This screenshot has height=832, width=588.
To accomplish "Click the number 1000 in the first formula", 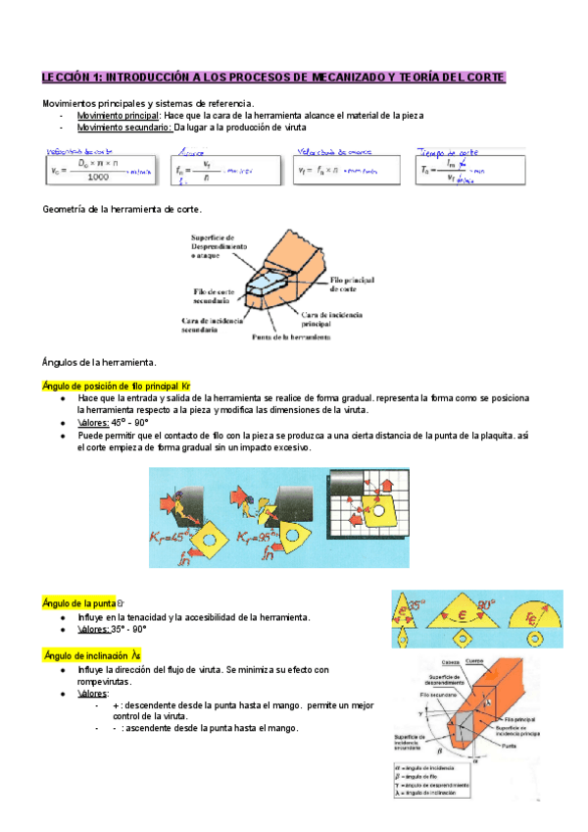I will [x=97, y=177].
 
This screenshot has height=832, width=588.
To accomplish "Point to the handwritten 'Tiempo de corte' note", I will [x=447, y=152].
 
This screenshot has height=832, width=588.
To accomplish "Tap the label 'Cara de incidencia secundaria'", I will [x=207, y=325].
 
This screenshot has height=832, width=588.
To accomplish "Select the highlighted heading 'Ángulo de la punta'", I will [x=81, y=601].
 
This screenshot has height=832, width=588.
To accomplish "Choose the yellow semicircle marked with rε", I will [x=534, y=613].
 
